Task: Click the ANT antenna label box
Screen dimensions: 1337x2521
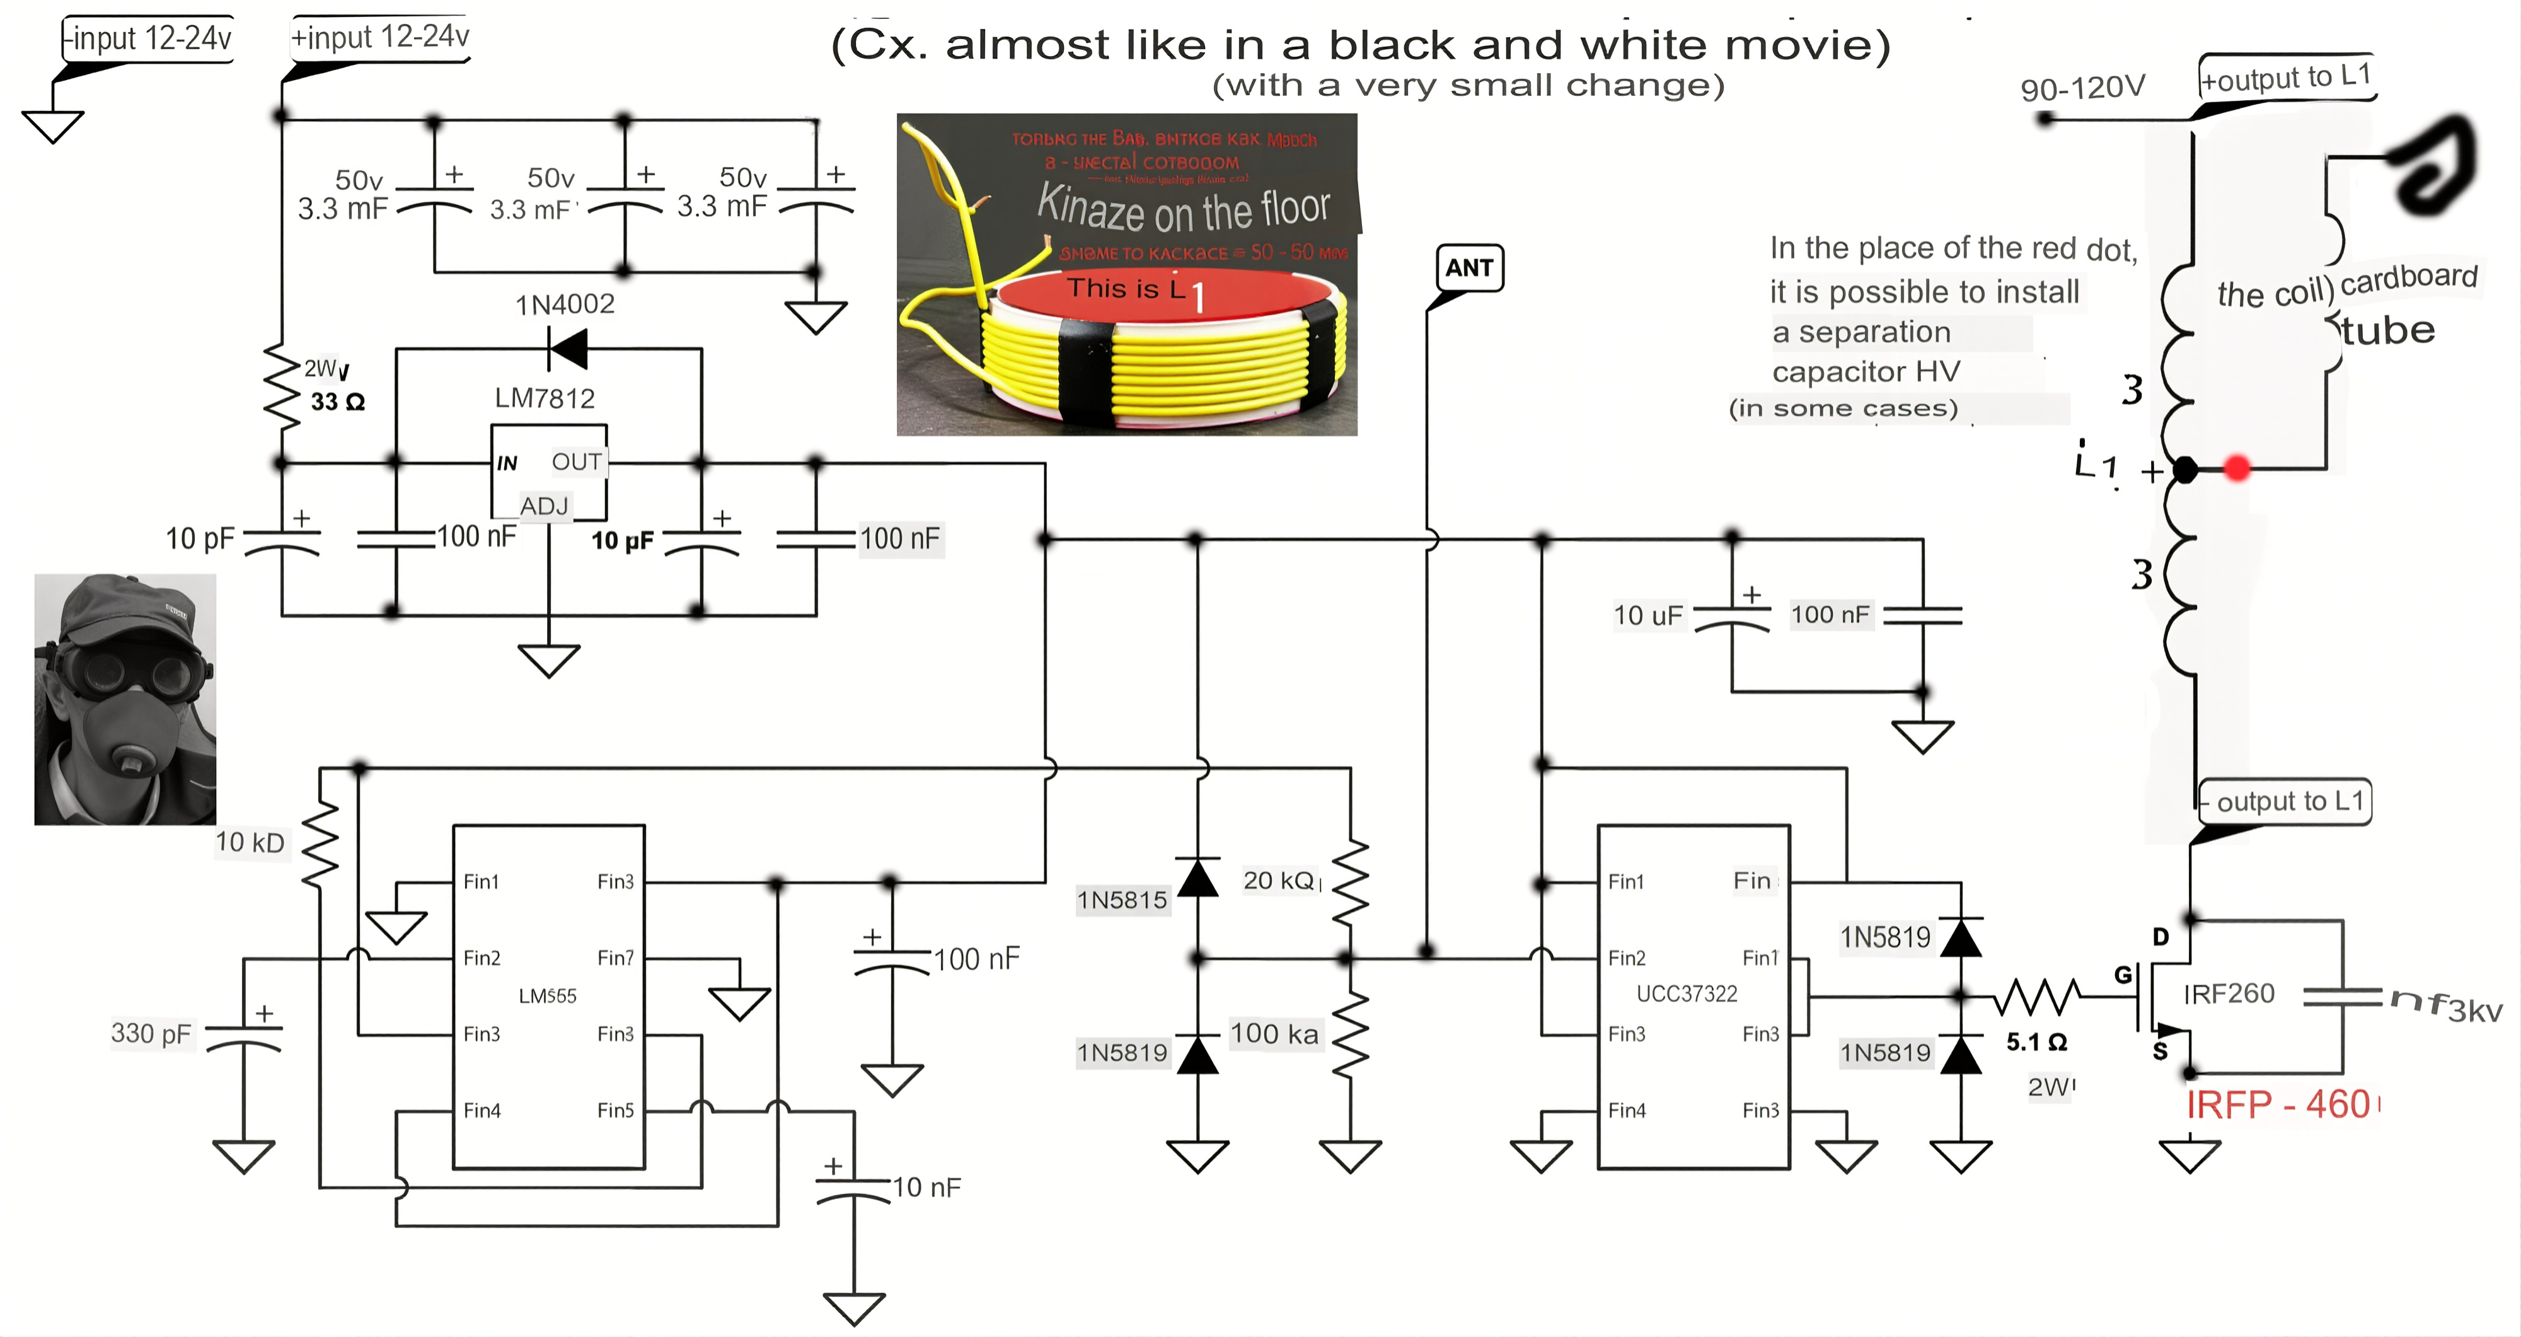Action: pyautogui.click(x=1469, y=268)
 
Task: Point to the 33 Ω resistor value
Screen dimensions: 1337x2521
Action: pyautogui.click(x=338, y=402)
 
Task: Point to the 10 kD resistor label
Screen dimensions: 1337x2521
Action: pyautogui.click(x=250, y=843)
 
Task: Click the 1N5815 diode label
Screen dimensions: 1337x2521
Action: pyautogui.click(x=1122, y=900)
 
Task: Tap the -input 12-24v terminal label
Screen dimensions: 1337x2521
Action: pyautogui.click(x=149, y=39)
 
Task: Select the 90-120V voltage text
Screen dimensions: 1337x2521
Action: pyautogui.click(x=2082, y=88)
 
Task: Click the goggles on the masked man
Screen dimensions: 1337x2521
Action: pyautogui.click(x=137, y=671)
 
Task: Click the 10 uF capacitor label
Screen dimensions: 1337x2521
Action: pyautogui.click(x=1648, y=616)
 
